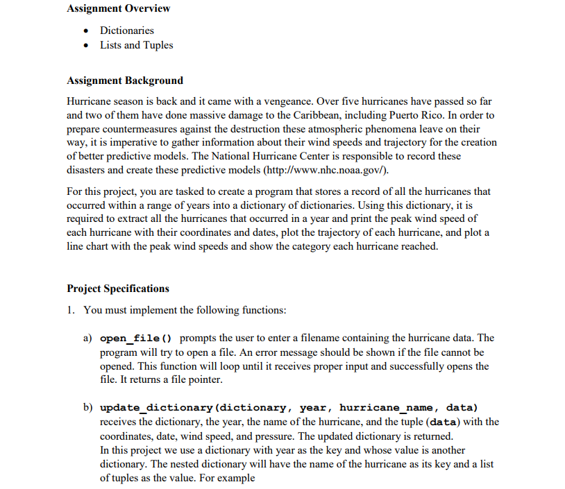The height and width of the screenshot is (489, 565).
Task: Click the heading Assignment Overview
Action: [x=119, y=9]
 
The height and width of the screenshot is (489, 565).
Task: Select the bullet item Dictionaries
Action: [x=126, y=31]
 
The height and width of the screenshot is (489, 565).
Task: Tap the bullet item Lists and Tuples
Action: [x=136, y=45]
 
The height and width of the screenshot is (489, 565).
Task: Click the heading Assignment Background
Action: [x=125, y=80]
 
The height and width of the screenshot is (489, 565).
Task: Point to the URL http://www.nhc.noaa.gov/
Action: [x=320, y=170]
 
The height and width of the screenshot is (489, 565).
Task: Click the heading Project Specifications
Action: [x=118, y=289]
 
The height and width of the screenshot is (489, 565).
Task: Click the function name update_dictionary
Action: [x=155, y=408]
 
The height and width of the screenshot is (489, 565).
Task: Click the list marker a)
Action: [x=88, y=338]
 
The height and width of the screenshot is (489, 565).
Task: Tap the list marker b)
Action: [x=88, y=408]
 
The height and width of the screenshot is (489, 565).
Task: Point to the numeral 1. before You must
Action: [x=71, y=310]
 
